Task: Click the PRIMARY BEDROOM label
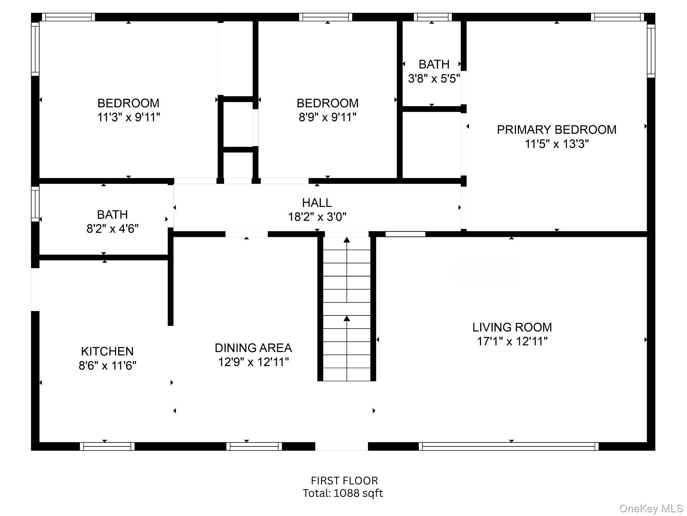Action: click(x=557, y=130)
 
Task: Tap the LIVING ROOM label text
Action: click(x=512, y=327)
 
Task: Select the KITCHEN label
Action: click(x=107, y=351)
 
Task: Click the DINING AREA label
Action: click(x=253, y=348)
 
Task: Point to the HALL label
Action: click(x=317, y=203)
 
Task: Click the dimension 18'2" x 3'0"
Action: click(x=317, y=217)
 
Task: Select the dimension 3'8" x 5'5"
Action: click(x=434, y=79)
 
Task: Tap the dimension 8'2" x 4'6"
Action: click(x=112, y=229)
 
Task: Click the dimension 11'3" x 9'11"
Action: click(x=128, y=117)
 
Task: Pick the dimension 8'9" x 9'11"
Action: click(x=327, y=117)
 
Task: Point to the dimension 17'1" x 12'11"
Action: click(x=512, y=341)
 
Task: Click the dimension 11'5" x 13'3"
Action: click(x=557, y=144)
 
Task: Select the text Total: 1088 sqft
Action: click(x=343, y=493)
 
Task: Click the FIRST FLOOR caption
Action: click(x=344, y=481)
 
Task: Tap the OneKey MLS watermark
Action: click(x=651, y=509)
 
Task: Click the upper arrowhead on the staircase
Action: click(x=347, y=240)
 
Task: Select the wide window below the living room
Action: click(x=509, y=446)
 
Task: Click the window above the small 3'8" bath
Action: click(x=433, y=17)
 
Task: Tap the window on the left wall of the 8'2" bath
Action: click(x=35, y=204)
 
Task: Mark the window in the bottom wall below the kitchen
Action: click(x=107, y=446)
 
